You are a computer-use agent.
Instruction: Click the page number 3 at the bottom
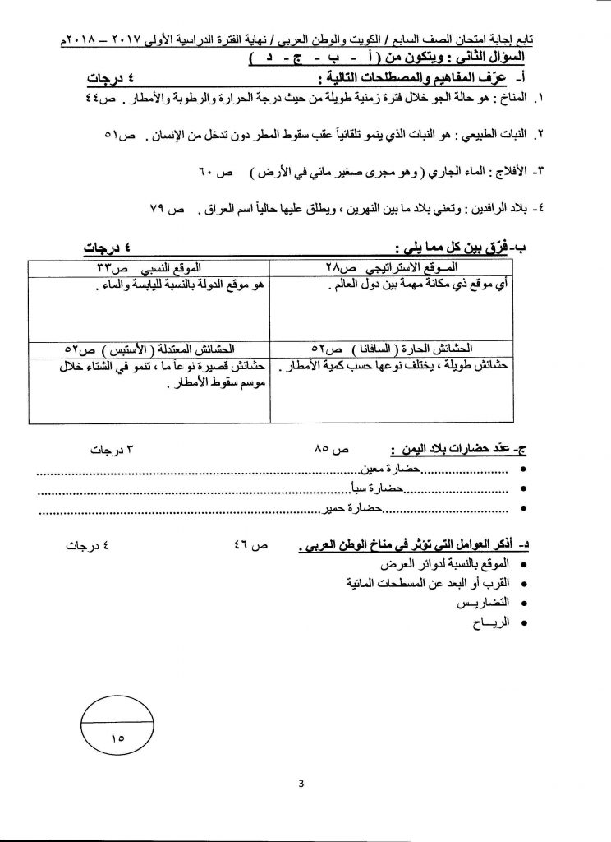click(302, 782)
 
